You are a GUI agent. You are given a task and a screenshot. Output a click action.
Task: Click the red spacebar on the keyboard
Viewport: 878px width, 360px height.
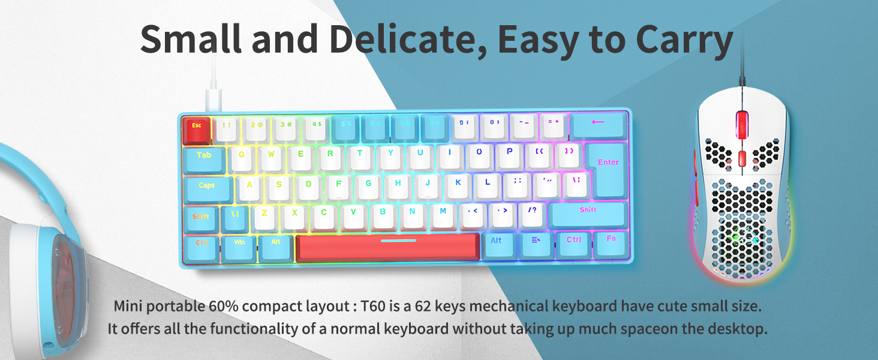[x=387, y=247]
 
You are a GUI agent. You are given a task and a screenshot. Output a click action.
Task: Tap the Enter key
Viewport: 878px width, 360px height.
[x=607, y=162]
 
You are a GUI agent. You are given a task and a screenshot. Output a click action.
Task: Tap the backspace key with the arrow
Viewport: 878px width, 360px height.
[x=599, y=124]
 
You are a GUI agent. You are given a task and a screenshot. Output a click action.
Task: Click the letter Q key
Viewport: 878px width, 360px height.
[x=242, y=155]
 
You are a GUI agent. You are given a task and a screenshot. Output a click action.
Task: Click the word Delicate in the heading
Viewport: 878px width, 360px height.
[x=407, y=40]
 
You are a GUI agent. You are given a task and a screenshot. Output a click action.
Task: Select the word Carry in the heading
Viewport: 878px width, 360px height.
[x=685, y=40]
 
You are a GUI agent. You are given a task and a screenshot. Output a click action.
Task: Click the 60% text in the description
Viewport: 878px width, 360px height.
[x=224, y=306]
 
